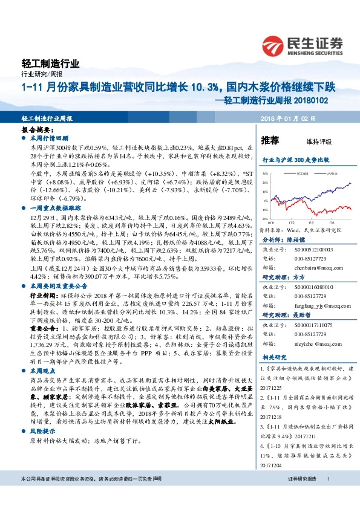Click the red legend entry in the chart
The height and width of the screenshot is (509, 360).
pos(289,173)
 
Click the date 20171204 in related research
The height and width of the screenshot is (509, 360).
pos(270,465)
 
